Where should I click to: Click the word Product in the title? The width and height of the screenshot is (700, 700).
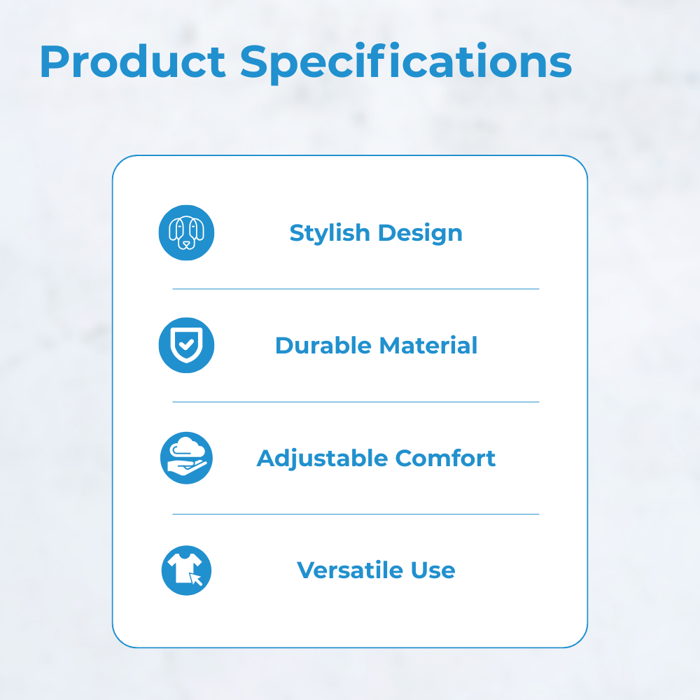[132, 62]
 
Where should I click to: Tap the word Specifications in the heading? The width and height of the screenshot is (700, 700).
[406, 62]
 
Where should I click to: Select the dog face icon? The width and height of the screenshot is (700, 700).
[187, 232]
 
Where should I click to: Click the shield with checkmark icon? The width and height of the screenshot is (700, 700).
[187, 345]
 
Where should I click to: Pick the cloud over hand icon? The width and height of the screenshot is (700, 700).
[187, 458]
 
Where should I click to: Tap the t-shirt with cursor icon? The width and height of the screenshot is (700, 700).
[187, 570]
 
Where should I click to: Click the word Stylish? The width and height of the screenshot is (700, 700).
[330, 234]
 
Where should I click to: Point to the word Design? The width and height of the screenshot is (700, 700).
[420, 234]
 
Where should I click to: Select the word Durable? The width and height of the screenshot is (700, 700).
[323, 346]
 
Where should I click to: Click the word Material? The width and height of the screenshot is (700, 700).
[428, 346]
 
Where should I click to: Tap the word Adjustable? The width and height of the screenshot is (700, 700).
[322, 459]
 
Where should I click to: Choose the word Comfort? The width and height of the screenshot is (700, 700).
[445, 458]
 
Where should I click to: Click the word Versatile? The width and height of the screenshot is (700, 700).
[350, 570]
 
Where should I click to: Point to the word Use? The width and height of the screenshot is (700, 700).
[433, 570]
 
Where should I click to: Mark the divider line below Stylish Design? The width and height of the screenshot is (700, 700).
[356, 289]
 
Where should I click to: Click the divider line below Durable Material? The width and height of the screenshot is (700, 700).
[356, 402]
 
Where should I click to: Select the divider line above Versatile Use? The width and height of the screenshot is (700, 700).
[356, 514]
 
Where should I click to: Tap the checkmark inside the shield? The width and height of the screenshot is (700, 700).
[186, 344]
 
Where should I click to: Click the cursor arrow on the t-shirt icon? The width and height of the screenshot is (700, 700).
[195, 579]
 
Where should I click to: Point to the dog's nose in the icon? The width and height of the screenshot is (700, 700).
[187, 244]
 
